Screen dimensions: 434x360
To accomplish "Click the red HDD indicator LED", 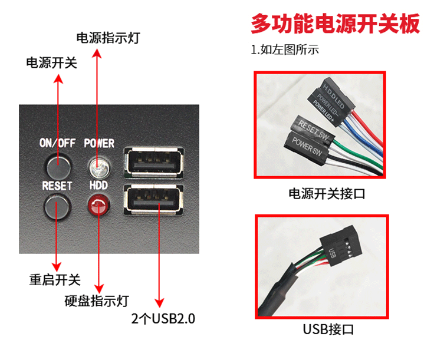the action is (x=98, y=206).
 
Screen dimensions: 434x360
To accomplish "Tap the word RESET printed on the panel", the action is (x=57, y=185).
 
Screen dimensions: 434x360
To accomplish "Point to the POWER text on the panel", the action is (x=99, y=143).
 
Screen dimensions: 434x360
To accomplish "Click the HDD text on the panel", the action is (x=98, y=185).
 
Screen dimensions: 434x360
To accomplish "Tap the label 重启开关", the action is (x=55, y=279).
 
